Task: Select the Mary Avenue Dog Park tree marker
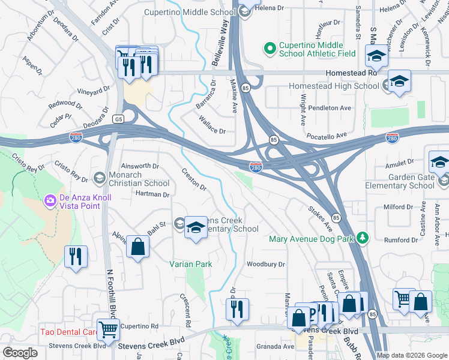click(x=362, y=238)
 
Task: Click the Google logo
click(x=20, y=353)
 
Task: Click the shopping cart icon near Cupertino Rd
click(x=109, y=328)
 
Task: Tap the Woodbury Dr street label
click(x=265, y=264)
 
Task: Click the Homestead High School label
click(x=333, y=86)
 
